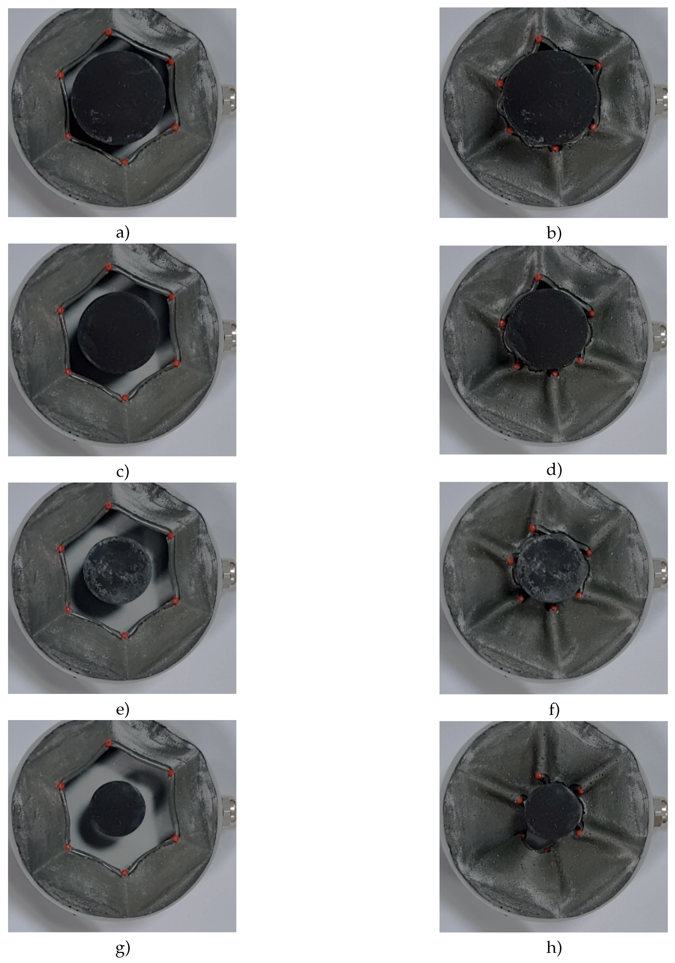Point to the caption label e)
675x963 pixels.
pos(122,710)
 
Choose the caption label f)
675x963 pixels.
pos(554,710)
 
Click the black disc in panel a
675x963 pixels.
pos(119,98)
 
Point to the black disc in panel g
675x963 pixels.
pos(118,809)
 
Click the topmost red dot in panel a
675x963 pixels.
pos(109,31)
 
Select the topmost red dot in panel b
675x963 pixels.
pos(539,39)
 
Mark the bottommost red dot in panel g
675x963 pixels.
pos(125,873)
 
